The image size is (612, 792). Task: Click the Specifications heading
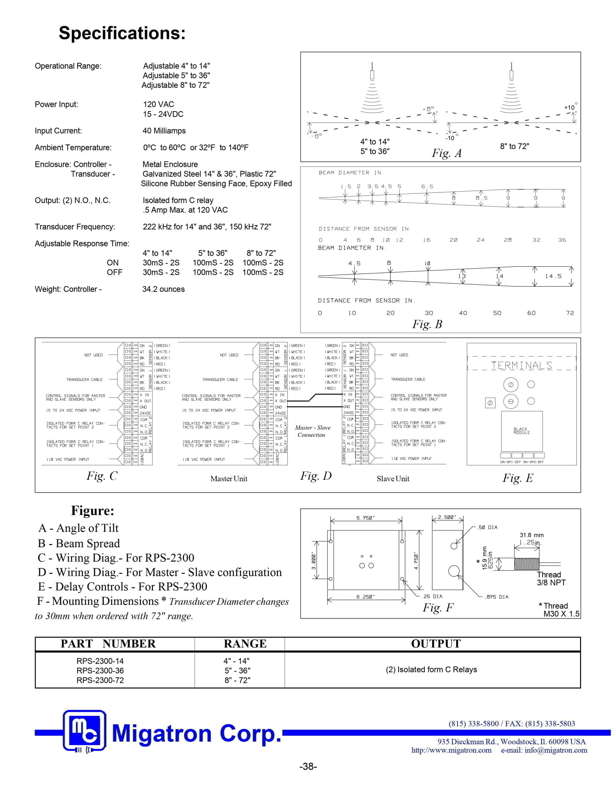pyautogui.click(x=122, y=33)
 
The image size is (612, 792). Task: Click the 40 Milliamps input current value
pyautogui.click(x=164, y=131)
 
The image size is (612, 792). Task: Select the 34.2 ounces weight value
pyautogui.click(x=163, y=289)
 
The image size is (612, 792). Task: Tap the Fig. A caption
pyautogui.click(x=446, y=153)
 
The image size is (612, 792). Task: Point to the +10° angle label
pyautogui.click(x=570, y=107)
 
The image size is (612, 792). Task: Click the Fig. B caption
pyautogui.click(x=427, y=324)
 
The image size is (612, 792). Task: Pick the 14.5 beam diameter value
pyautogui.click(x=553, y=276)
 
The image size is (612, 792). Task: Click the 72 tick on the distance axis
pyautogui.click(x=570, y=313)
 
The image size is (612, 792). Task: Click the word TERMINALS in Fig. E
pyautogui.click(x=521, y=366)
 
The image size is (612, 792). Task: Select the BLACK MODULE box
pyautogui.click(x=522, y=431)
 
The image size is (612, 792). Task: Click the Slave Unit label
pyautogui.click(x=393, y=479)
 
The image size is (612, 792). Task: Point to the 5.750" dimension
pyautogui.click(x=365, y=518)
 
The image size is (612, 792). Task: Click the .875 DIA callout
pyautogui.click(x=496, y=597)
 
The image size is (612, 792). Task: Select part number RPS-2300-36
pyautogui.click(x=100, y=670)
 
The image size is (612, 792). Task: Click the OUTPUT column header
pyautogui.click(x=436, y=644)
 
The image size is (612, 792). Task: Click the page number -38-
pyautogui.click(x=308, y=766)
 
